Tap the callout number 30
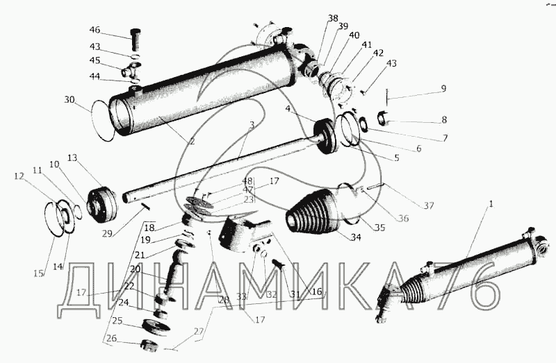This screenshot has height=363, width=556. [x=69, y=99]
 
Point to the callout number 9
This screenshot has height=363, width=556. [x=443, y=88]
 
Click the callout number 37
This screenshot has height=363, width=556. [x=428, y=205]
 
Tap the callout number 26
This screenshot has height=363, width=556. [x=111, y=339]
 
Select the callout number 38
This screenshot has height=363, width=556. [x=333, y=18]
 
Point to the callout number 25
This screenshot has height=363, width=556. [x=117, y=321]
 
